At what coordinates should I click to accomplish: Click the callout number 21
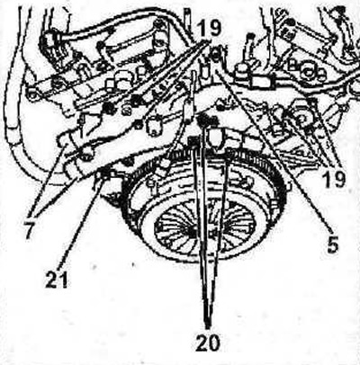click(57, 280)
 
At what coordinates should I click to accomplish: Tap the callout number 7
click(31, 229)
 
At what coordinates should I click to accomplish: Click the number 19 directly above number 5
click(334, 179)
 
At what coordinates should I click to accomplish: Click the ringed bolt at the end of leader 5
click(216, 55)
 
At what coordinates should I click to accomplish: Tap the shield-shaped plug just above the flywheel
click(215, 138)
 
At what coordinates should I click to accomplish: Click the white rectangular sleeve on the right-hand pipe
click(260, 82)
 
